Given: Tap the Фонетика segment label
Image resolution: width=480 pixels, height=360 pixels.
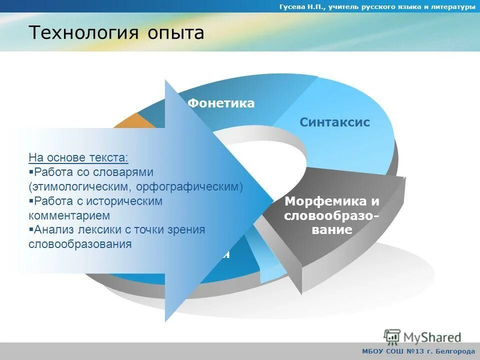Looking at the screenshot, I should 221,103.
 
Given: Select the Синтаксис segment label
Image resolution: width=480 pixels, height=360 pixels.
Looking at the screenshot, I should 334,122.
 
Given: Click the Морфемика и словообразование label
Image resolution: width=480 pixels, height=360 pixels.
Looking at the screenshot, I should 331,215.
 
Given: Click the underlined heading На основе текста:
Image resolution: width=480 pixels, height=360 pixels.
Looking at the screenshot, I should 78,157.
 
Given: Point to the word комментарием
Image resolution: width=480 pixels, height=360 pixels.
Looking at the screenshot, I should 69,215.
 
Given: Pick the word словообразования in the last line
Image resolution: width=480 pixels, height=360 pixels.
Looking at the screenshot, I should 80,244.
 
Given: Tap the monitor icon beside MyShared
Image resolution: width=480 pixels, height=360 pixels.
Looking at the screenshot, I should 392,336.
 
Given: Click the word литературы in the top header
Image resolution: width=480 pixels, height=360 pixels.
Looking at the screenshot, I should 453,6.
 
